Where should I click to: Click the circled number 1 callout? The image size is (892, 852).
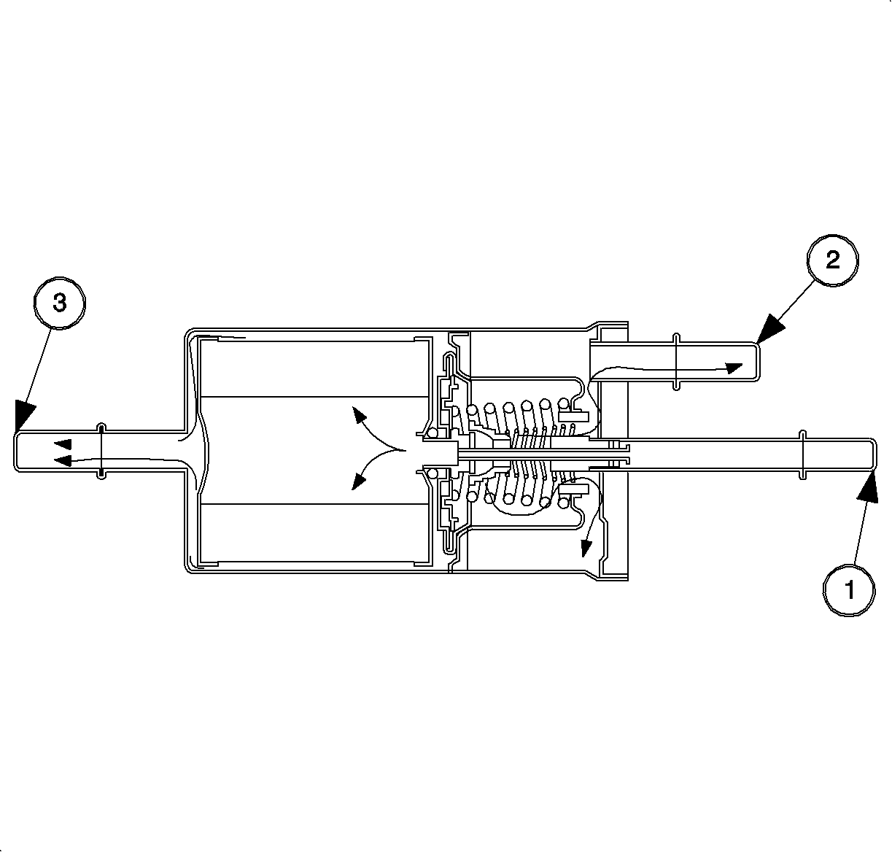(849, 589)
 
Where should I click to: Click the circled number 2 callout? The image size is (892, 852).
(832, 260)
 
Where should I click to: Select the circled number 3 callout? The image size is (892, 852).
(60, 303)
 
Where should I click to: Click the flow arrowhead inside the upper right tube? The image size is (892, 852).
(734, 368)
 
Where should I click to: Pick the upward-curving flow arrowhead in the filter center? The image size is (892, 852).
(359, 414)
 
